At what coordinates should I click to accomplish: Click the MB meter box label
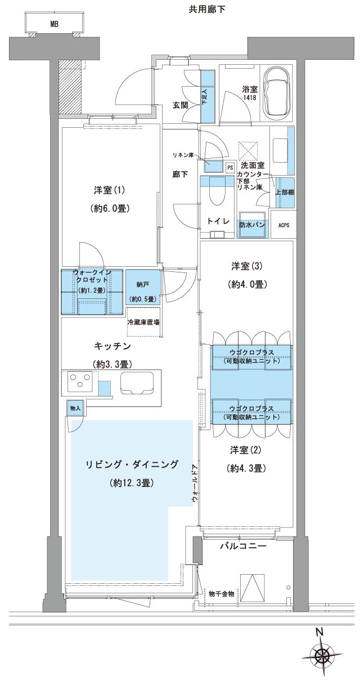pyautogui.click(x=55, y=25)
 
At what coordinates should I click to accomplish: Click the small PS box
pyautogui.click(x=229, y=167)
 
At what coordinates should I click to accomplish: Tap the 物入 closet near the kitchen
pyautogui.click(x=75, y=408)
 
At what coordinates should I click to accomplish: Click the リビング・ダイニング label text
pyautogui.click(x=132, y=464)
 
